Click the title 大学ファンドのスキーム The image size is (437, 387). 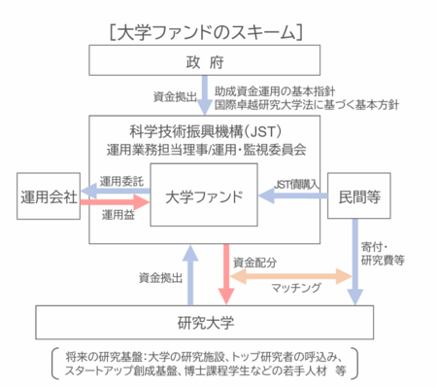pos(206,33)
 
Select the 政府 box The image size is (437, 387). pos(205,60)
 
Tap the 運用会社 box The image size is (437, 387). pos(49,196)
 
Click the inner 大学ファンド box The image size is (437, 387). pos(204,194)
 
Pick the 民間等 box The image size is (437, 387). pos(359,195)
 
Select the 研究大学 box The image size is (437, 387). pos(205,322)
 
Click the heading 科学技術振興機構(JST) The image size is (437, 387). pos(206,132)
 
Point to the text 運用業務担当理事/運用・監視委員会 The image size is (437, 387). pos(206,150)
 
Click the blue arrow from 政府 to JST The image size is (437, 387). pos(205,95)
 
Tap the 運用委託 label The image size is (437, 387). pos(121,181)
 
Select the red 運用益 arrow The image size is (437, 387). pos(115,202)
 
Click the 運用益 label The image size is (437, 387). pos(118,215)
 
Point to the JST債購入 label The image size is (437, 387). pos(296,185)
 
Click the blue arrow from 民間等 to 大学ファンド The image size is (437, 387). pos(293,195)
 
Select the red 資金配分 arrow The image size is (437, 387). pos(226,274)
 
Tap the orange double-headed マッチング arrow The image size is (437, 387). pos(291,276)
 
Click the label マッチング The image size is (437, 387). pos(296,288)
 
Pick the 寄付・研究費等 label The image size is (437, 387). pos(383,254)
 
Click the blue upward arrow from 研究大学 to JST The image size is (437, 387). pos(190,275)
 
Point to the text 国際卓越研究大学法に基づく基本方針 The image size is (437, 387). pos(307,105)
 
